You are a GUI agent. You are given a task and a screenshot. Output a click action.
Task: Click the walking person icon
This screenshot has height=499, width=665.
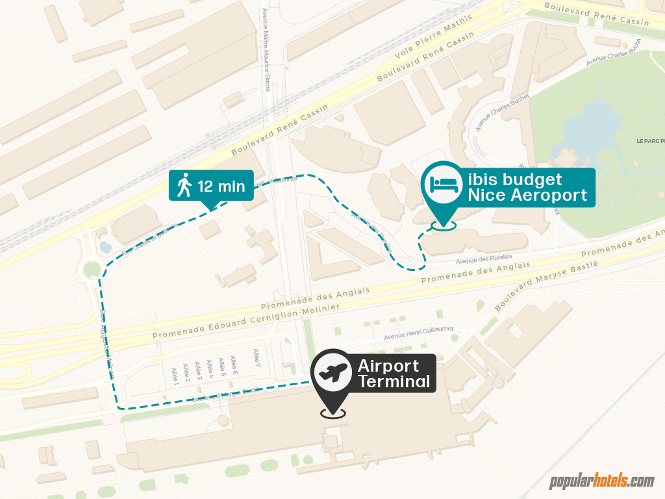[x=184, y=186]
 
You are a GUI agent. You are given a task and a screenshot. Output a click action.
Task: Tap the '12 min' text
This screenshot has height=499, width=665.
[x=221, y=187]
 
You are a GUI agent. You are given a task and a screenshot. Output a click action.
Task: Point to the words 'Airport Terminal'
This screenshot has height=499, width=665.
[x=394, y=374]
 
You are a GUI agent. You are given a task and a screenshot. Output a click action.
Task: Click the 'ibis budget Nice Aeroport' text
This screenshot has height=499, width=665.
[x=527, y=187]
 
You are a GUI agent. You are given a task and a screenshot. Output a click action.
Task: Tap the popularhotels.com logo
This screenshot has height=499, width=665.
[x=601, y=481]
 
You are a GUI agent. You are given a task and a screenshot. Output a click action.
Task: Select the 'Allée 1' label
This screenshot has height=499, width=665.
[x=174, y=375]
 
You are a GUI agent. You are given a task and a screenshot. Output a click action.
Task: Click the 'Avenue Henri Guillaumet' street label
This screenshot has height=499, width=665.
[x=418, y=333]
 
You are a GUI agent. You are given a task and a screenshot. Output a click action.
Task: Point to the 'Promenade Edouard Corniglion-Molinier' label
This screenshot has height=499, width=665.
[x=246, y=322]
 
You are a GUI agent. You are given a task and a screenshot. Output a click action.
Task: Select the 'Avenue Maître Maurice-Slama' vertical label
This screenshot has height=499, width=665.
[x=266, y=49]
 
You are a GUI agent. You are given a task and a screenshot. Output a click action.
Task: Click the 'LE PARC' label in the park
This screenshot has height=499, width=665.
[x=649, y=140]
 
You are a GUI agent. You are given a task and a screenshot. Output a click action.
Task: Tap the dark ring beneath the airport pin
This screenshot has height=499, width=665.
[x=332, y=413]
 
